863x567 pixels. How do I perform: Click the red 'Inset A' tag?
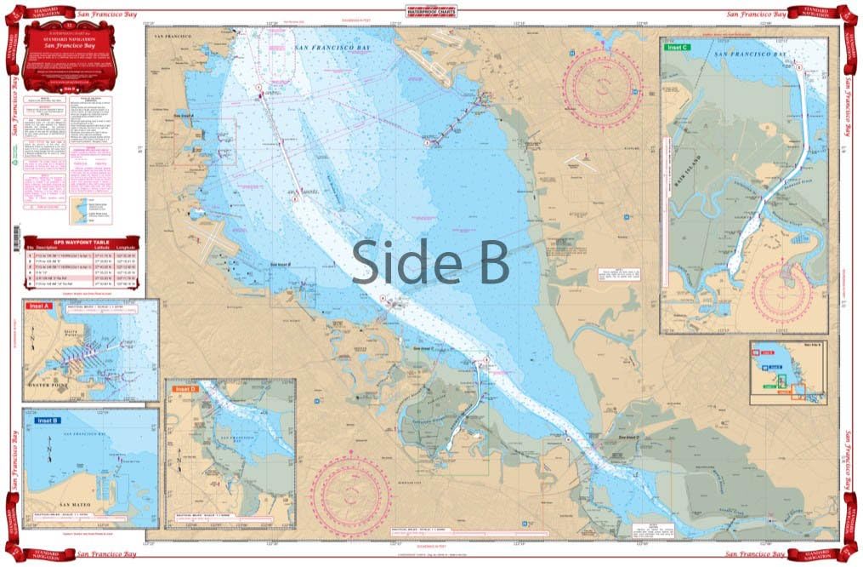pyautogui.click(x=38, y=306)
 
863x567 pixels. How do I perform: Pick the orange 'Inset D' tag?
pyautogui.click(x=185, y=389)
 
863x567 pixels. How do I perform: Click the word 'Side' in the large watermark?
pyautogui.click(x=400, y=261)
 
